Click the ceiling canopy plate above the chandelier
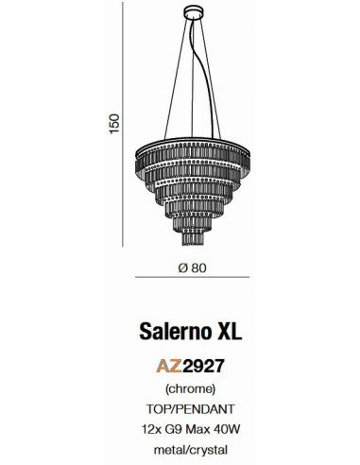click(x=193, y=10)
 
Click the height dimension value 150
click(x=114, y=124)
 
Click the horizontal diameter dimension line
click(x=193, y=277)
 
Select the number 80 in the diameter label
click(x=198, y=266)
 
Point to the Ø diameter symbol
click(x=182, y=266)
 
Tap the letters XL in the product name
click(x=230, y=330)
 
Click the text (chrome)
click(x=193, y=388)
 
